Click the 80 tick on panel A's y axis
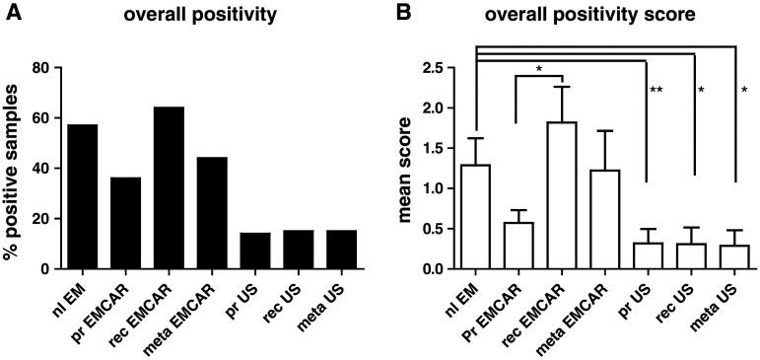tap(43, 68)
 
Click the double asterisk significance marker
tap(656, 92)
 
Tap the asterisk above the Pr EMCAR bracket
tap(539, 69)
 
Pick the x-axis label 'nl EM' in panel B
tap(461, 296)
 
